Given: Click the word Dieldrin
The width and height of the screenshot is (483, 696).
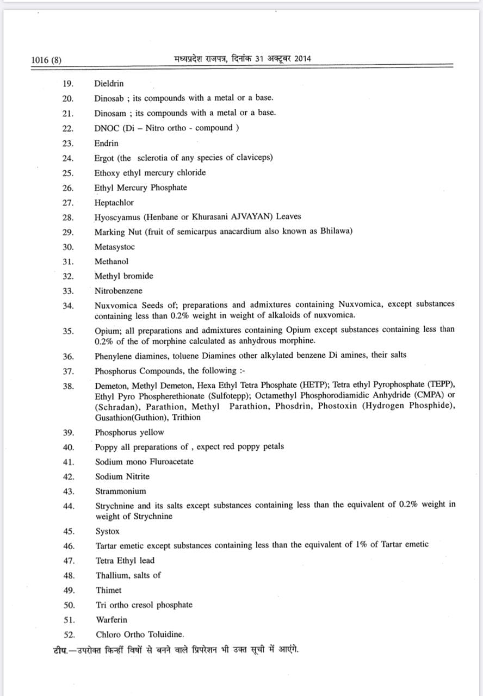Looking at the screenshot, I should pyautogui.click(x=109, y=84).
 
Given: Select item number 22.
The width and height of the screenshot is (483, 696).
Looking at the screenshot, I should pyautogui.click(x=67, y=128).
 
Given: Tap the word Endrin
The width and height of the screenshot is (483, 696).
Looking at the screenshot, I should pyautogui.click(x=106, y=144).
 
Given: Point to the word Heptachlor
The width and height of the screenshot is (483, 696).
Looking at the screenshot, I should pyautogui.click(x=114, y=202).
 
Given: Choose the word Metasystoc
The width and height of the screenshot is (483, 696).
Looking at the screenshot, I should pyautogui.click(x=114, y=247).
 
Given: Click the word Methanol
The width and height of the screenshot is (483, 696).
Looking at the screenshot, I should pyautogui.click(x=112, y=262).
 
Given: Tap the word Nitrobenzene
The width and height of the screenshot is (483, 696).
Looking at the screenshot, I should pyautogui.click(x=119, y=291).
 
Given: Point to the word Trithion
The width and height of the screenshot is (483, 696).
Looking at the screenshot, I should pyautogui.click(x=185, y=418).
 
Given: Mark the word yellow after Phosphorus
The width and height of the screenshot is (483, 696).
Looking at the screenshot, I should pyautogui.click(x=152, y=433).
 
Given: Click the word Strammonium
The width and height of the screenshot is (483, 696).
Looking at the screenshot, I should pyautogui.click(x=121, y=491).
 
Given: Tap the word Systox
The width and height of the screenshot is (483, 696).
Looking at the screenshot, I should pyautogui.click(x=107, y=531).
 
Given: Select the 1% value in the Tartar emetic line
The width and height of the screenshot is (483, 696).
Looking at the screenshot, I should pyautogui.click(x=362, y=544).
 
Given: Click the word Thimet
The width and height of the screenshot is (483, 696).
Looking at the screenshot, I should pyautogui.click(x=109, y=590).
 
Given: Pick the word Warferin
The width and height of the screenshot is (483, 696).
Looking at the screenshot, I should pyautogui.click(x=112, y=620).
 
